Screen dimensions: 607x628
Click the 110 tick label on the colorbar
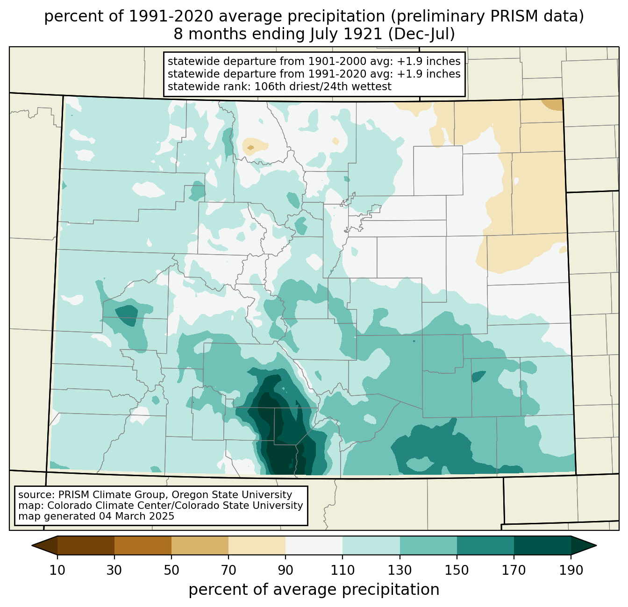[343, 571]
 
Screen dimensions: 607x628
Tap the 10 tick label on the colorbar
[57, 571]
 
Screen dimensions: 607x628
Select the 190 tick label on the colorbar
[571, 571]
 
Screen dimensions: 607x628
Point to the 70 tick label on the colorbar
[228, 571]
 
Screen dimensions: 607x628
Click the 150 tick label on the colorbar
[457, 571]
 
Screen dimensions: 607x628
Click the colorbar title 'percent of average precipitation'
[314, 590]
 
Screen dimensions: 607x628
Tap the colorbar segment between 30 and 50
[143, 545]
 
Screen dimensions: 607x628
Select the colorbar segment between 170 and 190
[542, 545]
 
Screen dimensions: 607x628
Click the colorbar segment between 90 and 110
[314, 545]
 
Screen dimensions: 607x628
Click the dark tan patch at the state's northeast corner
[553, 105]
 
